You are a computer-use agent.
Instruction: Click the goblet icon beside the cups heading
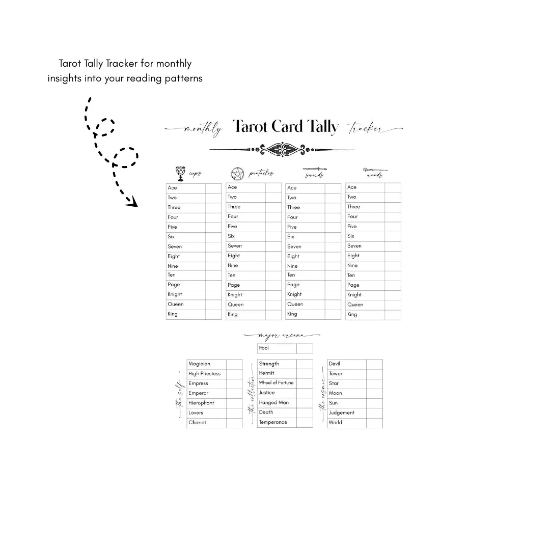pos(180,173)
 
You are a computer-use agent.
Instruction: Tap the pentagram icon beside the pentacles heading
pos(238,174)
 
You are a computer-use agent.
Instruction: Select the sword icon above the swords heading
pos(315,169)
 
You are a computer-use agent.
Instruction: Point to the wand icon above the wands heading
pos(375,170)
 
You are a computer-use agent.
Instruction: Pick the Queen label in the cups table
pos(176,304)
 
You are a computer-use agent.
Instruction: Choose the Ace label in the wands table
pos(352,187)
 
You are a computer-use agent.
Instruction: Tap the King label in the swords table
pos(292,314)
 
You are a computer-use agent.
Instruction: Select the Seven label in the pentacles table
pos(235,246)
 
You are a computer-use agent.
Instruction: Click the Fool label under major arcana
pos(264,348)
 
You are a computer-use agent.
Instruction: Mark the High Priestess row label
pos(204,374)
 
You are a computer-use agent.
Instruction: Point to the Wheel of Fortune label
pos(276,383)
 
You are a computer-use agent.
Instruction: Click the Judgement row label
pos(341,413)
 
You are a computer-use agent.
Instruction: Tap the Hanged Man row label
pos(273,403)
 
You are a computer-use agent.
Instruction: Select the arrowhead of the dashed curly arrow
pos(132,203)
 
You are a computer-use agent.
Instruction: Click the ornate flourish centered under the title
pos(282,149)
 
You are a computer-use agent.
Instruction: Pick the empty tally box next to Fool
pos(305,348)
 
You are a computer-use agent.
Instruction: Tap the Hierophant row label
pos(201,403)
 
